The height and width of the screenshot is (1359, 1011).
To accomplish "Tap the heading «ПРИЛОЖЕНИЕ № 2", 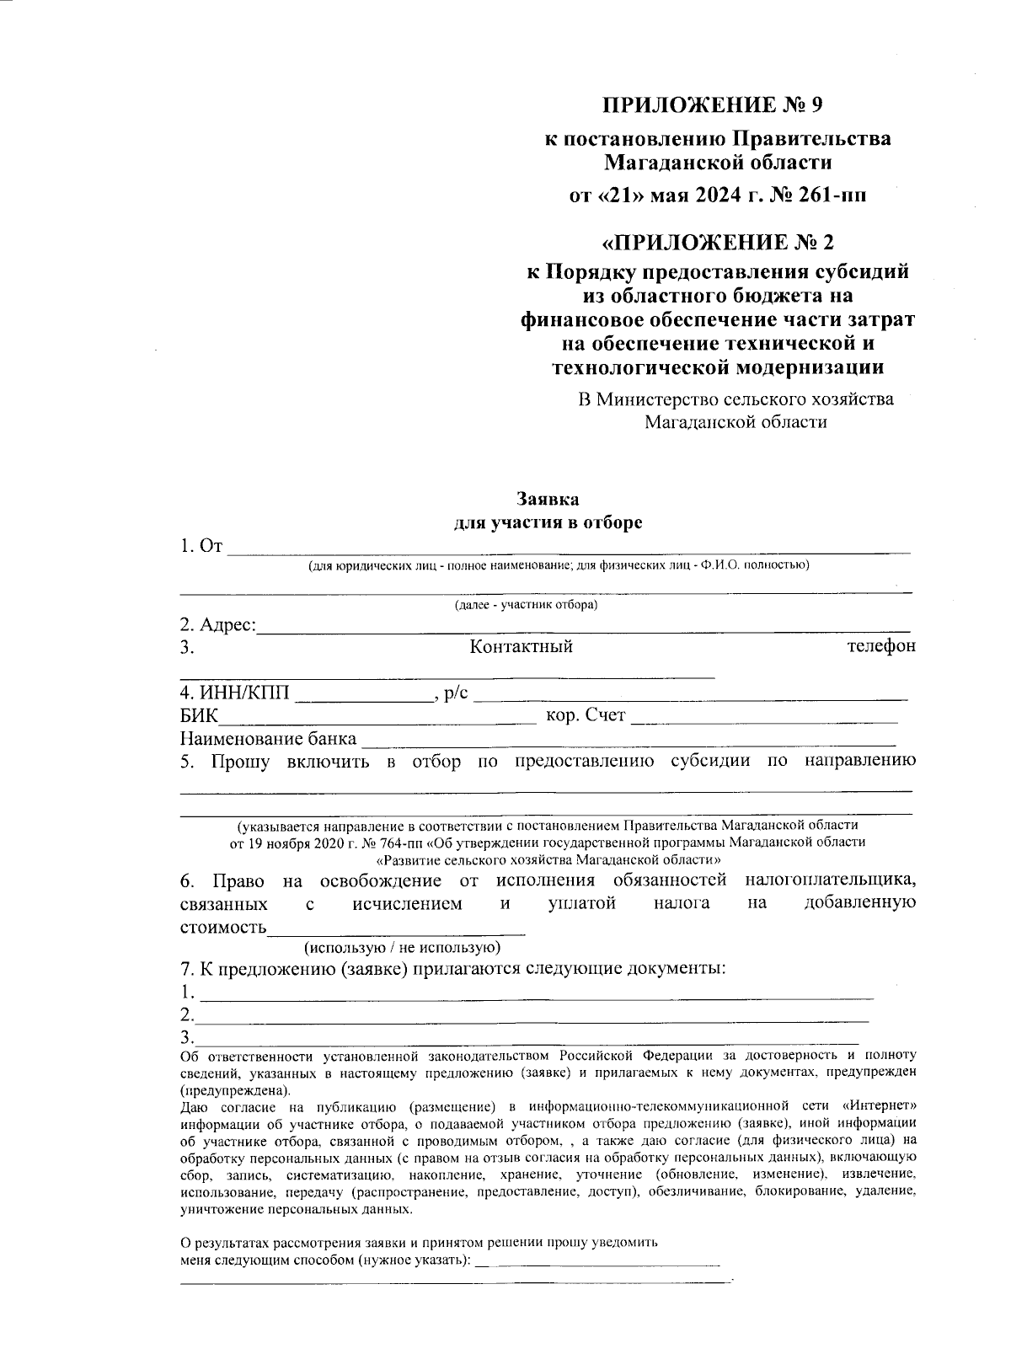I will click(x=717, y=243).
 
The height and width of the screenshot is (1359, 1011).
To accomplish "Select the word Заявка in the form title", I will click(x=548, y=500).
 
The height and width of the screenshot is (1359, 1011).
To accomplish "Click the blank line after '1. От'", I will click(x=569, y=548).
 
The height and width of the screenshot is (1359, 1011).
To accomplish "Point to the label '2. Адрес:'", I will click(x=217, y=625).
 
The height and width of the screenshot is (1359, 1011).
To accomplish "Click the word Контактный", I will click(x=521, y=647).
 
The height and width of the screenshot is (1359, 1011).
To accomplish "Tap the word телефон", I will click(x=880, y=646).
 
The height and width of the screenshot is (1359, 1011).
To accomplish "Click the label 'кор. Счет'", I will click(x=586, y=715).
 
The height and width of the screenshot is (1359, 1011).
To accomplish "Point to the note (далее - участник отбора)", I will click(x=526, y=605).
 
